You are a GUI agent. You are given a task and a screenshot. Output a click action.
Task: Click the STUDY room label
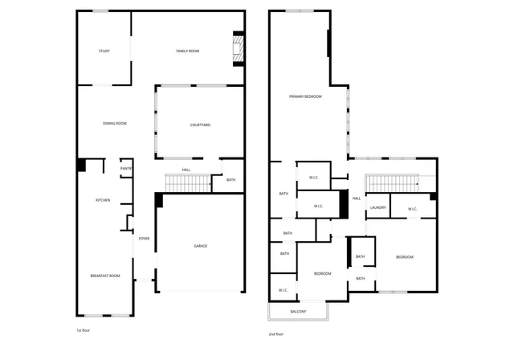(x=104, y=51)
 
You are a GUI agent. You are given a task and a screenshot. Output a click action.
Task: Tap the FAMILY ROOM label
(x=188, y=51)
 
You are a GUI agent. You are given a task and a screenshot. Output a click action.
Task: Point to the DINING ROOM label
(x=115, y=123)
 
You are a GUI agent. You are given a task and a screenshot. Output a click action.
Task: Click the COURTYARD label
(x=200, y=125)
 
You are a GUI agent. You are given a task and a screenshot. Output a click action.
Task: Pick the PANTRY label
(x=126, y=169)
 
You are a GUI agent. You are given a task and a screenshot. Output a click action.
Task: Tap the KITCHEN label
(x=103, y=200)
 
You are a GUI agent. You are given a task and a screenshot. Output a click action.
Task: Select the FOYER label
(x=145, y=239)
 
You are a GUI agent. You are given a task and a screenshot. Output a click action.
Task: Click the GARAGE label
(x=200, y=246)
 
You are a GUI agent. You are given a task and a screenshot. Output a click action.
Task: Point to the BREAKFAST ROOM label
(x=104, y=276)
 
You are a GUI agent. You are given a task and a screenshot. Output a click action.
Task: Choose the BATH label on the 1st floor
(x=230, y=180)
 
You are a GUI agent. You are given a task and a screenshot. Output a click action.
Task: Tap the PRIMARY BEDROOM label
(x=305, y=96)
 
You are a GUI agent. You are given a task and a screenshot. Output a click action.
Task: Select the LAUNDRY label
(x=377, y=208)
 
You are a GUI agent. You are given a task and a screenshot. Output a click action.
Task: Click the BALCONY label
(x=297, y=311)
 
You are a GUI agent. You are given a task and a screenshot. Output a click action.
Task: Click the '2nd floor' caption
(x=277, y=334)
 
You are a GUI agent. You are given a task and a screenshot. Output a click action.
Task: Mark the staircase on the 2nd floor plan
(x=394, y=183)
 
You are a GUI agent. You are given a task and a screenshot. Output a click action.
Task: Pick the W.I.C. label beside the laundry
(x=412, y=209)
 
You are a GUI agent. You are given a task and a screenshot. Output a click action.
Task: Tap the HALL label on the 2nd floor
(x=356, y=198)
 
